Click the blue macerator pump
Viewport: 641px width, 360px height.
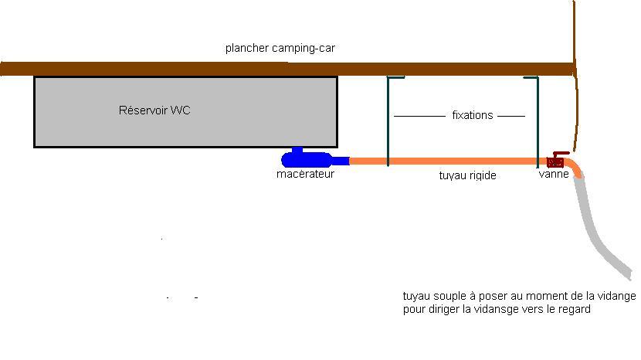click(309, 161)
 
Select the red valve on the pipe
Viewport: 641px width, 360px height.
click(556, 161)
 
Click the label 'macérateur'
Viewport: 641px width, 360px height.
click(305, 174)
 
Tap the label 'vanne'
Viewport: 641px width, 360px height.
click(554, 174)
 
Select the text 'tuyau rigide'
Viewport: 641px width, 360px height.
click(467, 175)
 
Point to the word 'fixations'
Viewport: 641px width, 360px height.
click(472, 115)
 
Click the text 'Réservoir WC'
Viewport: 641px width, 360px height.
click(154, 110)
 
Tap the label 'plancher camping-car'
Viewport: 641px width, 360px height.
click(280, 48)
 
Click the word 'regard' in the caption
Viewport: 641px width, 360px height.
click(573, 309)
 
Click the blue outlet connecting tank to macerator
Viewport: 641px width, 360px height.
click(297, 149)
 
